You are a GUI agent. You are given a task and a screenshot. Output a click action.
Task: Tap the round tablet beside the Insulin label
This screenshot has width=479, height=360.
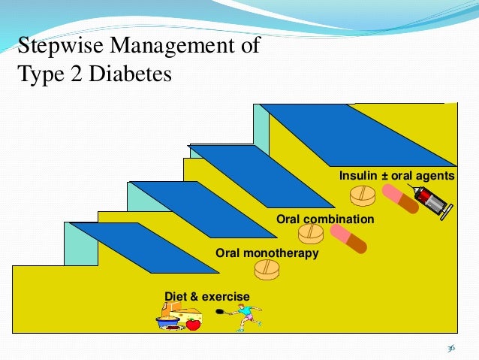point(362,195)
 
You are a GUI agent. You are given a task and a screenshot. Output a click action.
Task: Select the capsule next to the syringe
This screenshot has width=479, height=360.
point(399,198)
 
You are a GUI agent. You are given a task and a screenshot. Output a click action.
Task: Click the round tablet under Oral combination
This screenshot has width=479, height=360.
point(311,234)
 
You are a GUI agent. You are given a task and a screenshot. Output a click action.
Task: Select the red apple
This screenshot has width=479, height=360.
point(193,325)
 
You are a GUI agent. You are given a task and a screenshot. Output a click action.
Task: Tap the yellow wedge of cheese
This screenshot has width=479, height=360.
point(186,313)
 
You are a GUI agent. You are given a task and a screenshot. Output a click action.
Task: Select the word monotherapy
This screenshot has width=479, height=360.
point(281,254)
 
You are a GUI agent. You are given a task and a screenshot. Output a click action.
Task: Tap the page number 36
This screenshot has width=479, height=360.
point(450,348)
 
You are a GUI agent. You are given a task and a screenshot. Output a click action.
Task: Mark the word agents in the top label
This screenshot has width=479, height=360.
point(436,176)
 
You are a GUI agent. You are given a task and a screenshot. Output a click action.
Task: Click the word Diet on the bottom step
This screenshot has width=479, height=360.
point(174,298)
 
